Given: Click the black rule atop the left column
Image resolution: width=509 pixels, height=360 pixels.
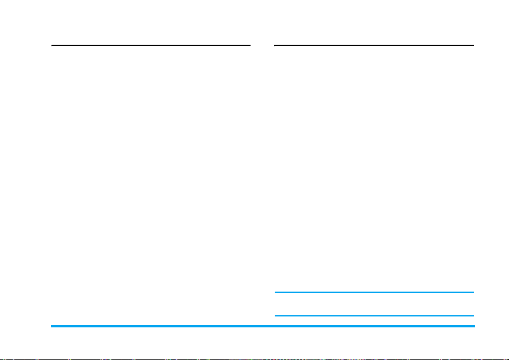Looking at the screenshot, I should pos(151,45).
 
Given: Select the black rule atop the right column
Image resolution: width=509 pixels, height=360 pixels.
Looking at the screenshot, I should pos(375,45).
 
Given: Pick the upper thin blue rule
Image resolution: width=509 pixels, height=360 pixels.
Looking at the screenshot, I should pos(375,293).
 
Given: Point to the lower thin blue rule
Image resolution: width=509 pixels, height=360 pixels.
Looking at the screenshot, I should pos(375,315).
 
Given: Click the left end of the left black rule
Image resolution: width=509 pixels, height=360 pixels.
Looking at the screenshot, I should pos(52,45).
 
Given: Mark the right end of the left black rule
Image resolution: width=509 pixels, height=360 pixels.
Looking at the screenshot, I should pos(249,45).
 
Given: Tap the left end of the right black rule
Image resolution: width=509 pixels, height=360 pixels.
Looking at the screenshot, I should pos(276,45).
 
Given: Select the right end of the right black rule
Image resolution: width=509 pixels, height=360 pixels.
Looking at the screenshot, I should pos(473,45).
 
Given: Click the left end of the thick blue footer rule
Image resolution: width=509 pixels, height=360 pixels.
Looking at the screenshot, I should pos(52,327).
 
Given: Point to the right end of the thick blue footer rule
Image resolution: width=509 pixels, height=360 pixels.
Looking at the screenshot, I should pos(474,327).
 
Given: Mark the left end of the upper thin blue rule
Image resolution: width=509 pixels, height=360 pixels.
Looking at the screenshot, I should pos(276,293).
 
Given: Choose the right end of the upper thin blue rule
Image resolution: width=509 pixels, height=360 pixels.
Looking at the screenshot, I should pos(473,293).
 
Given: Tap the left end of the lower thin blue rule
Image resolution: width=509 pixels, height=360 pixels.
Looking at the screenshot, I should pos(276,315).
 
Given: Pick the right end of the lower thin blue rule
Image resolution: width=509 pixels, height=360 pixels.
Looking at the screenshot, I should pos(473,315).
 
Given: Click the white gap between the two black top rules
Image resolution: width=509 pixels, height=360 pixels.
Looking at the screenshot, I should pos(263,45).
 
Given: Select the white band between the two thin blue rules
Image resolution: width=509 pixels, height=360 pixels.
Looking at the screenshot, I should pos(375,304).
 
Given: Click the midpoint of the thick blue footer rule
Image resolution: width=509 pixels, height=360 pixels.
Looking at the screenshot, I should pos(263,327).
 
